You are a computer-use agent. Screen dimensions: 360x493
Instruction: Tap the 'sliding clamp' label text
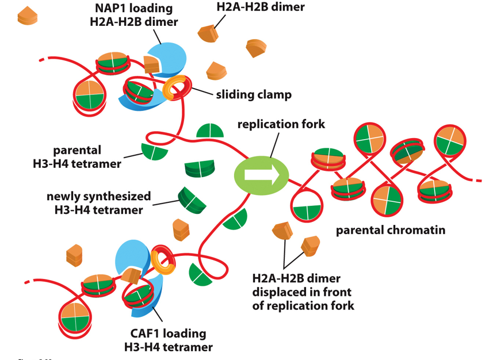pos(254,95)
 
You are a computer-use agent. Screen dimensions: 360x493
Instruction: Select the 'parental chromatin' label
pos(391,231)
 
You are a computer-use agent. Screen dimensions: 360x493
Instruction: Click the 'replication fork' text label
pos(281,124)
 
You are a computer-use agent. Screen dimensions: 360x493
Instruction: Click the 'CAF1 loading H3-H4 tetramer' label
pos(168,340)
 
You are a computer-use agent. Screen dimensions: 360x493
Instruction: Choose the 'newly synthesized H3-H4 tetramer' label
pos(99,203)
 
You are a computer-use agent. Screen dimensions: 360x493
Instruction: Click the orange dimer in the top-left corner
pos(26,16)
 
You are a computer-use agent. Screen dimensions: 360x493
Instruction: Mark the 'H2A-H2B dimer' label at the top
pos(261,7)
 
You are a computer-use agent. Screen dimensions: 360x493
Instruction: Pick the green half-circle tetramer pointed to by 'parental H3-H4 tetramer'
pos(154,151)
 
